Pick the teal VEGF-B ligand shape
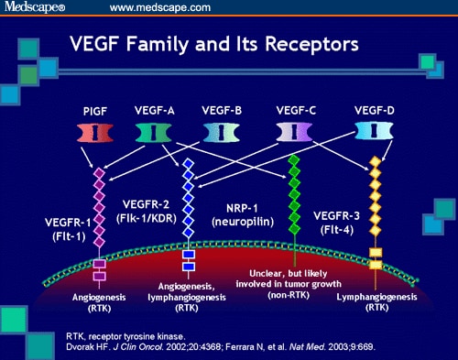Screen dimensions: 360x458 click(216, 130)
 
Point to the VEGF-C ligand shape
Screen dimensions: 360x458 click(297, 130)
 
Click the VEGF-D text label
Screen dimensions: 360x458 click(376, 107)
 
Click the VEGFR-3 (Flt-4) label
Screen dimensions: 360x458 click(339, 225)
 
